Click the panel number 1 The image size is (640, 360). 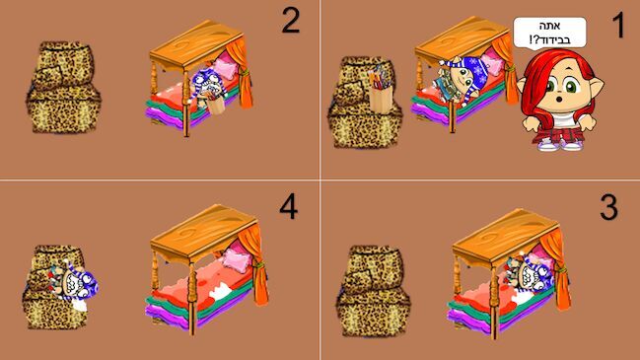tap(618, 26)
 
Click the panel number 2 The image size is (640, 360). tap(291, 21)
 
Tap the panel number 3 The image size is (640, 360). tap(608, 207)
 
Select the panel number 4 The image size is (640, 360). tap(289, 206)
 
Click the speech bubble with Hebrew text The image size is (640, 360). tap(549, 33)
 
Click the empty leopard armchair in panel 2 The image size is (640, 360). tap(63, 87)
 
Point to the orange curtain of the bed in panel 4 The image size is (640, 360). tap(255, 264)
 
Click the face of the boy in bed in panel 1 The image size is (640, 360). tap(462, 76)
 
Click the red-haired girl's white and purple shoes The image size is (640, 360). tap(559, 144)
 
